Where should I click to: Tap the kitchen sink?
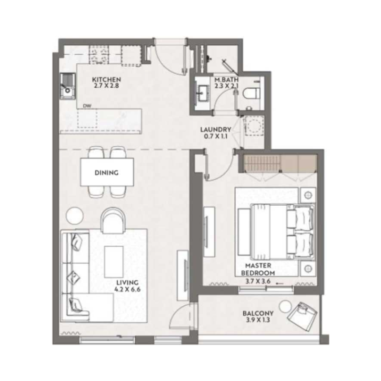tap(66, 87)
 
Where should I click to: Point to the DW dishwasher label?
tap(87, 106)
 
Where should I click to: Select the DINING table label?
tap(106, 173)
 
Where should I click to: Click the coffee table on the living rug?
tap(114, 260)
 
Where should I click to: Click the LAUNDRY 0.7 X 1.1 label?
tap(216, 132)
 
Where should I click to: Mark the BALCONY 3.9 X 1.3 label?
tap(258, 317)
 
